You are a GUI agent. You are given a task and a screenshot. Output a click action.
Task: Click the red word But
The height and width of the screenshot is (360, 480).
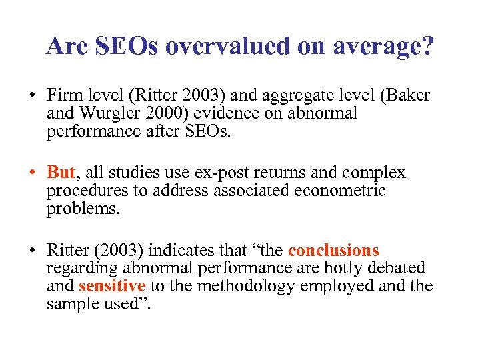click(x=61, y=173)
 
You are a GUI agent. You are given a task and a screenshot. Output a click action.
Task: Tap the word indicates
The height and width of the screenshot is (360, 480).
click(x=179, y=251)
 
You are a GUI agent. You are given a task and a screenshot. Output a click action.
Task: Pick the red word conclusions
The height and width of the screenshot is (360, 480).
click(x=333, y=251)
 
